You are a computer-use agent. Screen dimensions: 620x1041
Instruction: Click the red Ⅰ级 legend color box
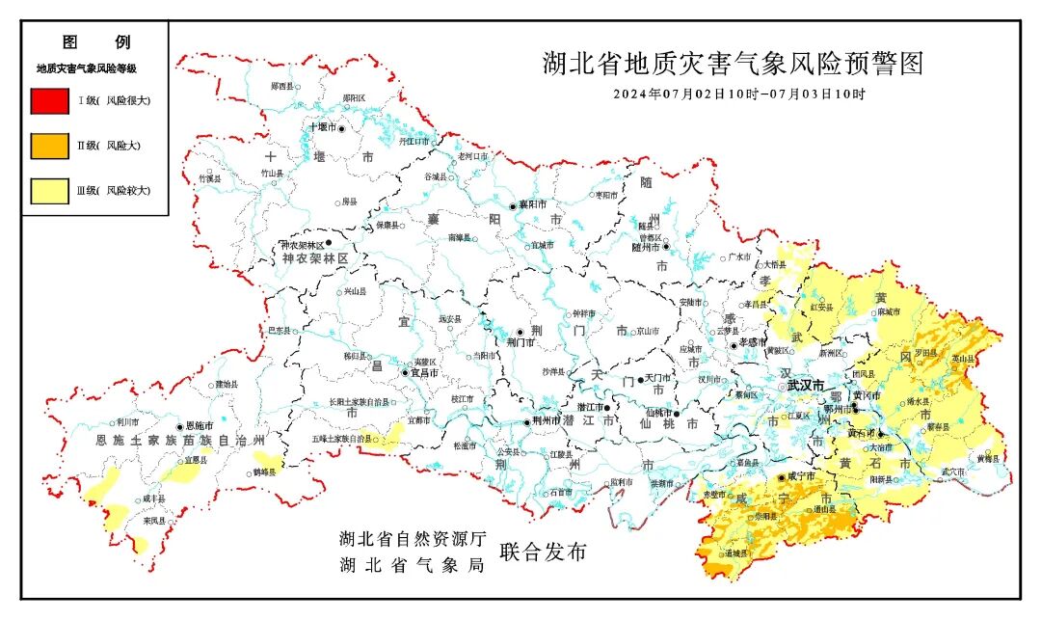(49, 100)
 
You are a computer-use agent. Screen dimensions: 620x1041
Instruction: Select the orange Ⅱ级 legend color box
(49, 146)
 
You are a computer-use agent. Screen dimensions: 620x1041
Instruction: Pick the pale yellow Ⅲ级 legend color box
(49, 191)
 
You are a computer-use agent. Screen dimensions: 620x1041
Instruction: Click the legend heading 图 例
(95, 42)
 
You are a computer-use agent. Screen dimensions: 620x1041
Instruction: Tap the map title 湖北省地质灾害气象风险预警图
(733, 65)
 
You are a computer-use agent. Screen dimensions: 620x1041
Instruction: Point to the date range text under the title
(739, 94)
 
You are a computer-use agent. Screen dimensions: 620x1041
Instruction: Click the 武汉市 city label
(806, 385)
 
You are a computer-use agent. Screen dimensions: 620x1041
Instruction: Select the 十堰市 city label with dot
(322, 127)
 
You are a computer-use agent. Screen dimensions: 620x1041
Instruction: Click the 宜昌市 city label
(425, 372)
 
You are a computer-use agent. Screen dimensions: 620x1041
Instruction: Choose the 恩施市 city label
(199, 425)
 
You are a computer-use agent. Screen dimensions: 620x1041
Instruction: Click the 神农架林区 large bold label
(314, 260)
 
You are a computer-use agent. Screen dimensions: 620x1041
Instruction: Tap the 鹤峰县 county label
(264, 472)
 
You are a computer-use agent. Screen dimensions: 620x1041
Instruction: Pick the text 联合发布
(543, 553)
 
